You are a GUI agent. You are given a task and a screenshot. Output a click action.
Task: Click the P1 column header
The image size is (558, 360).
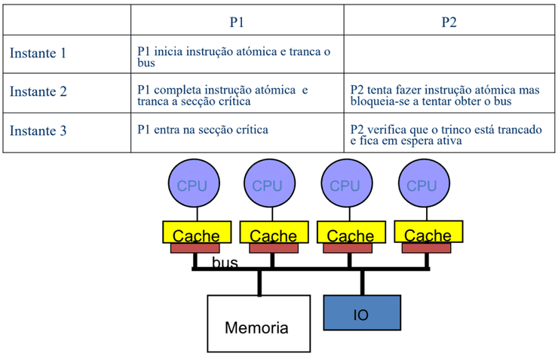(237, 22)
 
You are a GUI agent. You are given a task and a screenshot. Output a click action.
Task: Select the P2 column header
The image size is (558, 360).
(449, 22)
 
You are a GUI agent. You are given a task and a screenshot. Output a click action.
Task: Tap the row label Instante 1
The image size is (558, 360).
(38, 54)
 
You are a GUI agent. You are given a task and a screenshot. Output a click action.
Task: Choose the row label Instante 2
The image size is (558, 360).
(38, 92)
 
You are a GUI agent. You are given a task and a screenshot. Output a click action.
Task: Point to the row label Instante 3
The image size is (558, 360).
(38, 131)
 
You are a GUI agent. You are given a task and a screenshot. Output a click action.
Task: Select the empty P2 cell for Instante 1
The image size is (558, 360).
(449, 54)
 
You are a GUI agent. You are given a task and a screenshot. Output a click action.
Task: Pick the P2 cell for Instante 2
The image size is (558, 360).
(449, 94)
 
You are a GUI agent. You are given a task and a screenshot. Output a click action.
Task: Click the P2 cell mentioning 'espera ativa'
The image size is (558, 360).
(449, 134)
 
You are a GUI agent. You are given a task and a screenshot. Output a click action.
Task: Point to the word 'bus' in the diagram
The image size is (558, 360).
(225, 263)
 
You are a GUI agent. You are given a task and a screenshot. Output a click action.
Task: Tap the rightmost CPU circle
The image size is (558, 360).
(421, 185)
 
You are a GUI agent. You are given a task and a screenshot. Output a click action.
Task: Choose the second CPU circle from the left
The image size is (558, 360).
(268, 185)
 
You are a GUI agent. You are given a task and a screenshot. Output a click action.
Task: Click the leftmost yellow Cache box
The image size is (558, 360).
(195, 233)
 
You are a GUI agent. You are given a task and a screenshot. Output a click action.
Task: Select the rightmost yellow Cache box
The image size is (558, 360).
(428, 233)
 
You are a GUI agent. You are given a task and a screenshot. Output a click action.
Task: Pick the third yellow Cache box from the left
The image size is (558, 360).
(350, 233)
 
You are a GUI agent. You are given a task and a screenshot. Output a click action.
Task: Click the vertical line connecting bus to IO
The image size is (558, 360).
(362, 282)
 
